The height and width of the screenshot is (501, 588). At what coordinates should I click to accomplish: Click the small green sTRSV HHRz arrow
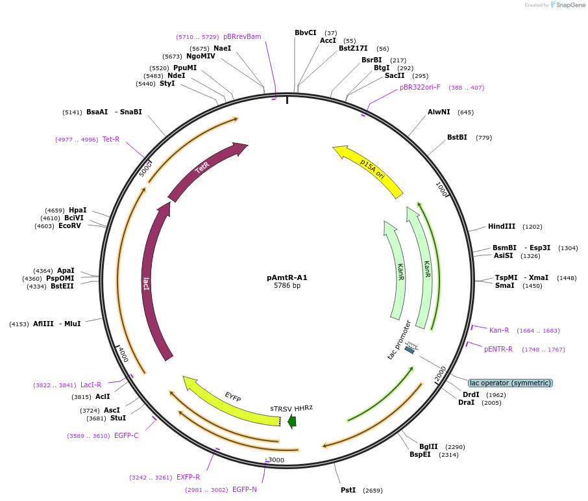click(x=292, y=422)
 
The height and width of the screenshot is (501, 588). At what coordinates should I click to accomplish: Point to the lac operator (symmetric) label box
click(x=510, y=383)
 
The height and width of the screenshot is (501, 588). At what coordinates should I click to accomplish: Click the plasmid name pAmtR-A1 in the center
click(x=287, y=277)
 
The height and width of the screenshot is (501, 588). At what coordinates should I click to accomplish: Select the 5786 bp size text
click(x=287, y=286)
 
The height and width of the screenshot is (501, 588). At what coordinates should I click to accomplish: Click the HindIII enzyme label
click(x=502, y=226)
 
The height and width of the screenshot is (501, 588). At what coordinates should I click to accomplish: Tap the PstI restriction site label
click(x=348, y=490)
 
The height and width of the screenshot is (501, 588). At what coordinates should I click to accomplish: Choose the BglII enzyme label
click(x=428, y=446)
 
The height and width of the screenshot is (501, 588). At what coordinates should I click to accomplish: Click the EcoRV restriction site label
click(x=70, y=225)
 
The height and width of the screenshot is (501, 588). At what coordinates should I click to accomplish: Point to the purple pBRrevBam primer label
click(x=242, y=36)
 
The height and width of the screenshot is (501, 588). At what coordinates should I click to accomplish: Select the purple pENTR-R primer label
click(x=498, y=349)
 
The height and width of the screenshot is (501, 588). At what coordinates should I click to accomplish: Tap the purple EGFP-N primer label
click(x=245, y=489)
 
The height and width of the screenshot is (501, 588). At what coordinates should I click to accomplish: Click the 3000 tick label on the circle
click(x=276, y=460)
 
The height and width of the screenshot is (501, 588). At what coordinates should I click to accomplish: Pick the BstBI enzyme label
click(x=457, y=137)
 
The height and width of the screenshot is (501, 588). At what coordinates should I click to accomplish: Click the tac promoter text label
click(x=398, y=340)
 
